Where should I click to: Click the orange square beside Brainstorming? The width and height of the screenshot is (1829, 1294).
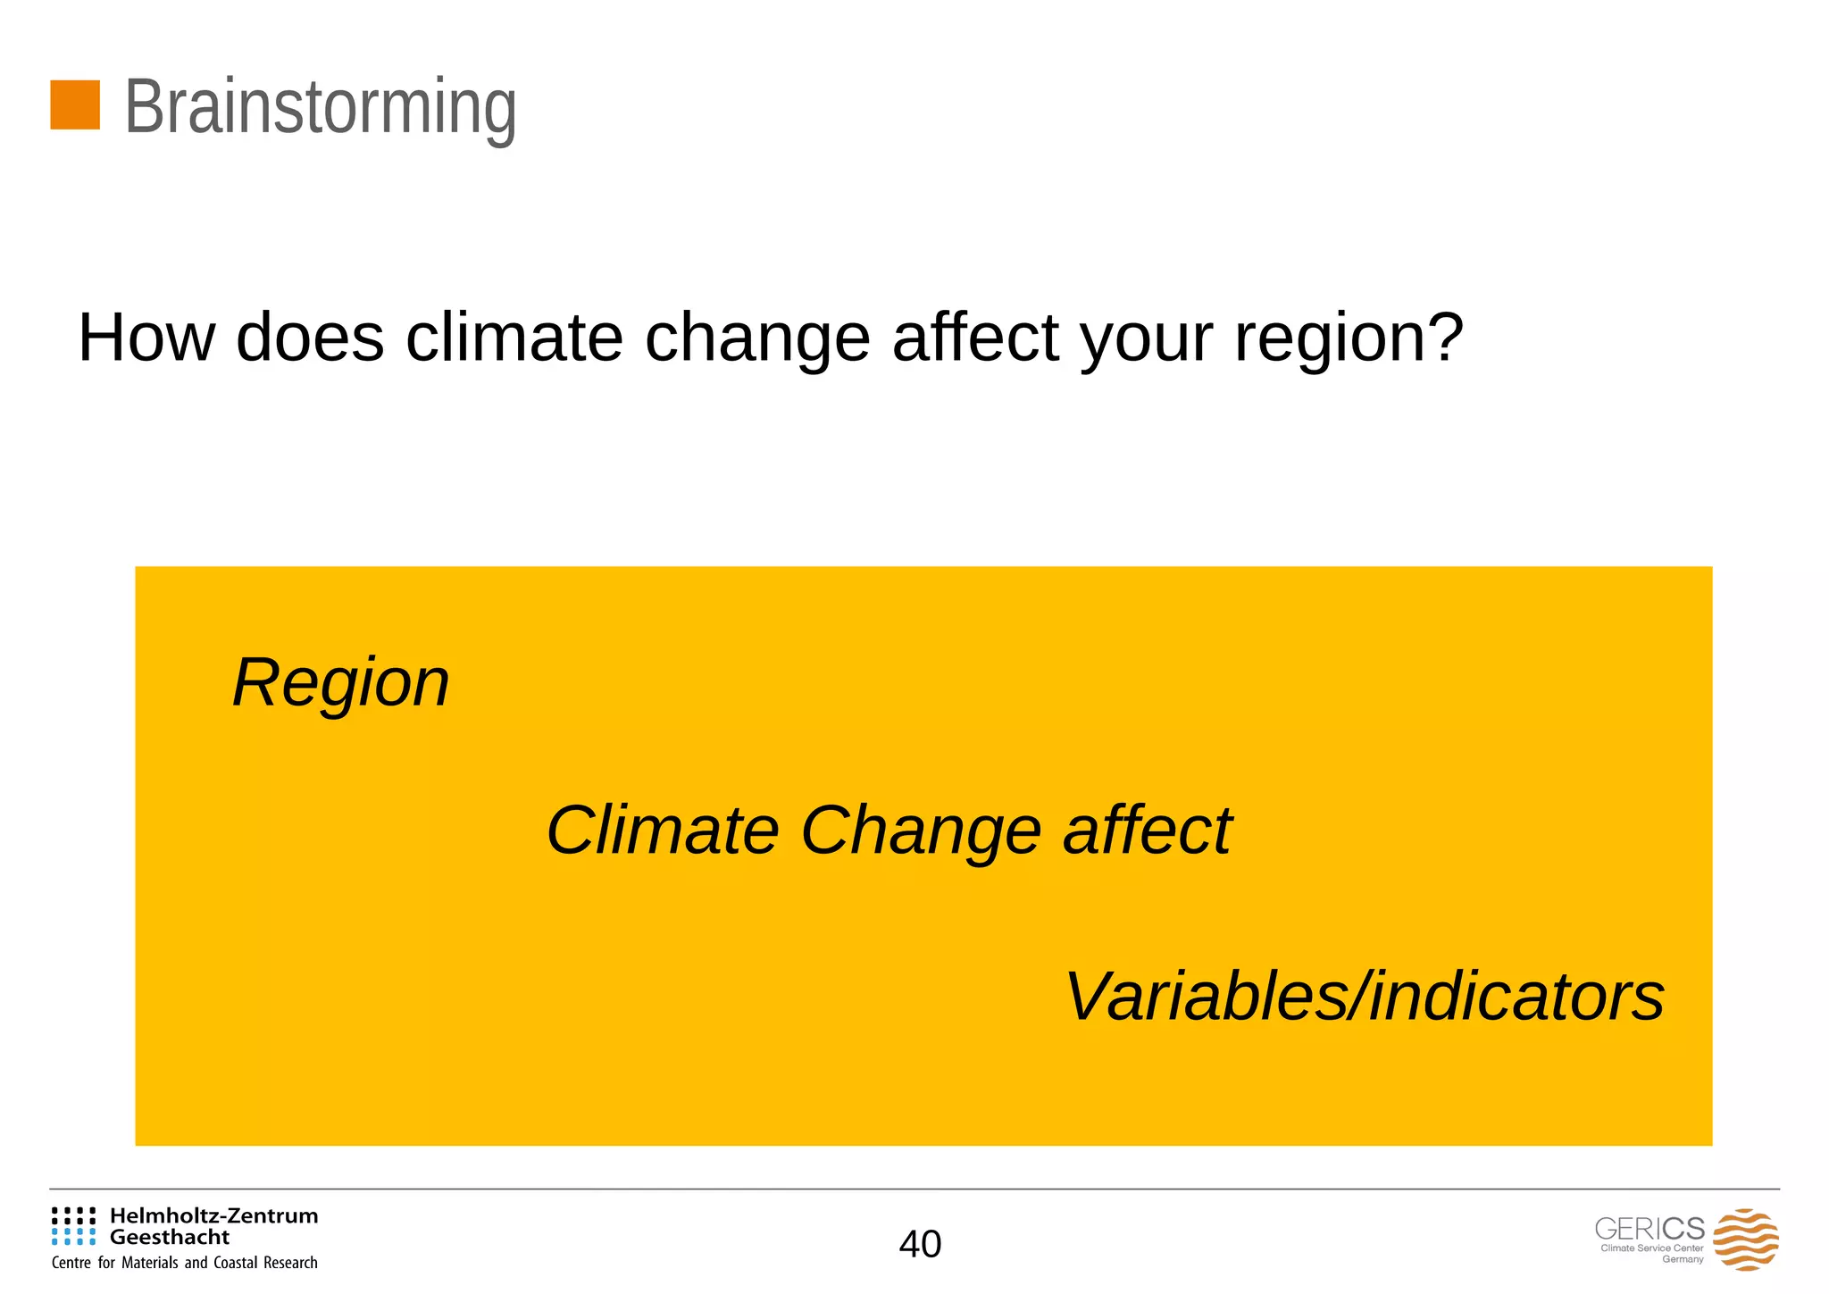click(75, 105)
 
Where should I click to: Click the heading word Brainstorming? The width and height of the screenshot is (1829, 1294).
click(320, 107)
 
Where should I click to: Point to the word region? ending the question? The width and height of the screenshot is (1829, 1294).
click(1349, 339)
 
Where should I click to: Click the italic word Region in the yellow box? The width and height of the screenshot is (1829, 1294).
click(340, 683)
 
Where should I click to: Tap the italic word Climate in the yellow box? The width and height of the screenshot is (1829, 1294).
click(662, 831)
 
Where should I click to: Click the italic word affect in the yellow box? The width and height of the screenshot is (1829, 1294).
click(1147, 831)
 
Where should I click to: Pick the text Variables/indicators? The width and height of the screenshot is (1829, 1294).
click(1364, 997)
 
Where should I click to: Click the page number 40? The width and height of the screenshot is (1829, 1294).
click(920, 1244)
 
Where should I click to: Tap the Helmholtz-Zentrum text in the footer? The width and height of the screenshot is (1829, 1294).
click(213, 1215)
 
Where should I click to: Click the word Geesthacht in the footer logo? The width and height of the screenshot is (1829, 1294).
click(170, 1237)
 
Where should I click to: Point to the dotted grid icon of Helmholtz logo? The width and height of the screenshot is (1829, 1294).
click(73, 1226)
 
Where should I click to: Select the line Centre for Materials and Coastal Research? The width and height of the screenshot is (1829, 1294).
click(185, 1263)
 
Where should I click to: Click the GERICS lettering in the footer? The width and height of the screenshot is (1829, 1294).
click(1649, 1229)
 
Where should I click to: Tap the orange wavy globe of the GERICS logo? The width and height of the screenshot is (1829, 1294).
click(1745, 1240)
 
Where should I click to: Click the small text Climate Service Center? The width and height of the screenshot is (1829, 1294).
click(1651, 1248)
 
